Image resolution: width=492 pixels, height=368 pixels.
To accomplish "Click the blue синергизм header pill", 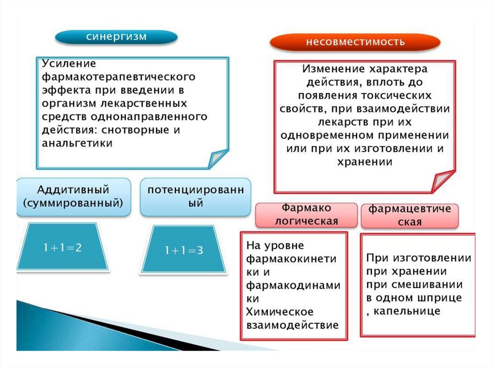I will [116, 37].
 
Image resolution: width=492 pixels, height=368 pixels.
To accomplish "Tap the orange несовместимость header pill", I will [355, 42].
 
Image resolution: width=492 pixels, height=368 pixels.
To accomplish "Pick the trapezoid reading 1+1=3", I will [183, 250].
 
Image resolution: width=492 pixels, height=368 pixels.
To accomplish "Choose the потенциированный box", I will [195, 196].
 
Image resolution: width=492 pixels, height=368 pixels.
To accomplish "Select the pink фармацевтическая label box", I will [409, 215].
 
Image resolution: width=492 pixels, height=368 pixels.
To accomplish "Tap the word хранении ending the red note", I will [366, 162].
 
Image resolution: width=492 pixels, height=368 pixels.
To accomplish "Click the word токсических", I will [403, 95].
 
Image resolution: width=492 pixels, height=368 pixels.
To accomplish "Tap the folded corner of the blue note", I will [217, 158].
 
